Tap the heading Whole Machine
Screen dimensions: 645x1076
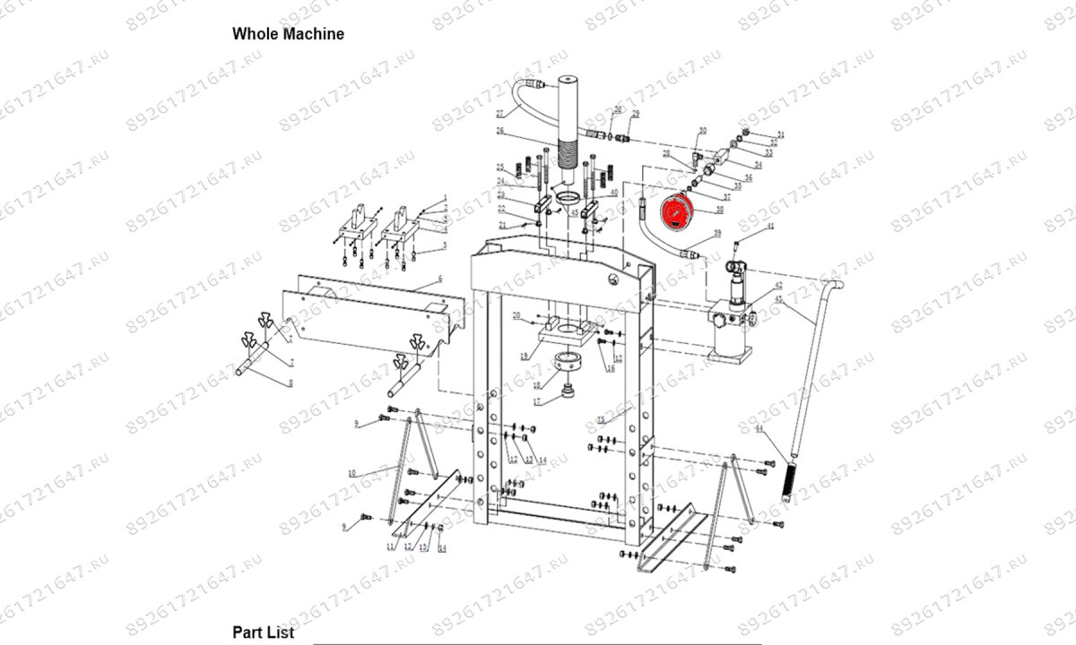click(288, 34)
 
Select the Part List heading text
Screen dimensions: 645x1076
click(264, 632)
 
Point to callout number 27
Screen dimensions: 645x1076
click(499, 114)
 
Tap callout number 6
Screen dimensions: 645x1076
click(440, 280)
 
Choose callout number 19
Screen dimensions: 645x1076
click(524, 357)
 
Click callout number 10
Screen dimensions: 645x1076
click(352, 472)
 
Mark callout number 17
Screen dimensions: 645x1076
click(537, 402)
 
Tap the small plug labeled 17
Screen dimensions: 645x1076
click(567, 391)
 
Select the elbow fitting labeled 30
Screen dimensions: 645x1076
click(696, 158)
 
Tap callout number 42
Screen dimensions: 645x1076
click(778, 285)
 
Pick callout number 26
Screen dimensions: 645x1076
click(501, 132)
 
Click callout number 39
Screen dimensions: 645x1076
click(716, 234)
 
